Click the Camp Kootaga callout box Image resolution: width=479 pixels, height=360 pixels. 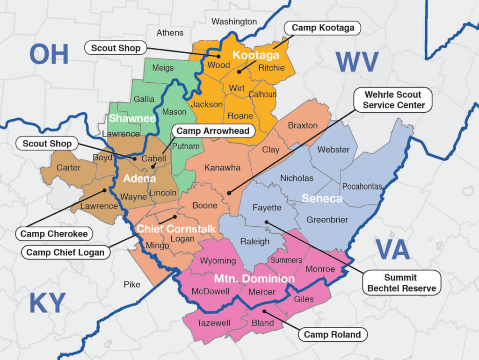323,28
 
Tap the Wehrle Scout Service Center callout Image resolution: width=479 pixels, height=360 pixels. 393,100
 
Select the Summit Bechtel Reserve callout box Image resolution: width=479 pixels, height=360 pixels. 401,283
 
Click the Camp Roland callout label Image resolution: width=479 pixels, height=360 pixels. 332,334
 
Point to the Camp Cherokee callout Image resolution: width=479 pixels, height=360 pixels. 54,234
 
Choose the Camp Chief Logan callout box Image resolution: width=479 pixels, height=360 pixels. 65,252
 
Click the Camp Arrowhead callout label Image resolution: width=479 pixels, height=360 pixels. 213,131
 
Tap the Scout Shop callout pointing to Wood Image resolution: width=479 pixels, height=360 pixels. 116,48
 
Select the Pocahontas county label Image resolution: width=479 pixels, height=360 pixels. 362,187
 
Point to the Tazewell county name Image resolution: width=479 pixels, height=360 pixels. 213,323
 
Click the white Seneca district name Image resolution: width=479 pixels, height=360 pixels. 322,199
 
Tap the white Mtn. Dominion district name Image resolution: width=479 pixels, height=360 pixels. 254,279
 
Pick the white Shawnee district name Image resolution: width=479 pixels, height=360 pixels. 132,118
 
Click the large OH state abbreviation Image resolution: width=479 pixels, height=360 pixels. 49,54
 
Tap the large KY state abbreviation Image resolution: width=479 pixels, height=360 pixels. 47,303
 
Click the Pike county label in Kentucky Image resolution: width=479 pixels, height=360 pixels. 132,284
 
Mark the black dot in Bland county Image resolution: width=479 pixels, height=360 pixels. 264,311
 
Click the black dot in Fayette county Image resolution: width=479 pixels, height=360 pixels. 266,222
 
